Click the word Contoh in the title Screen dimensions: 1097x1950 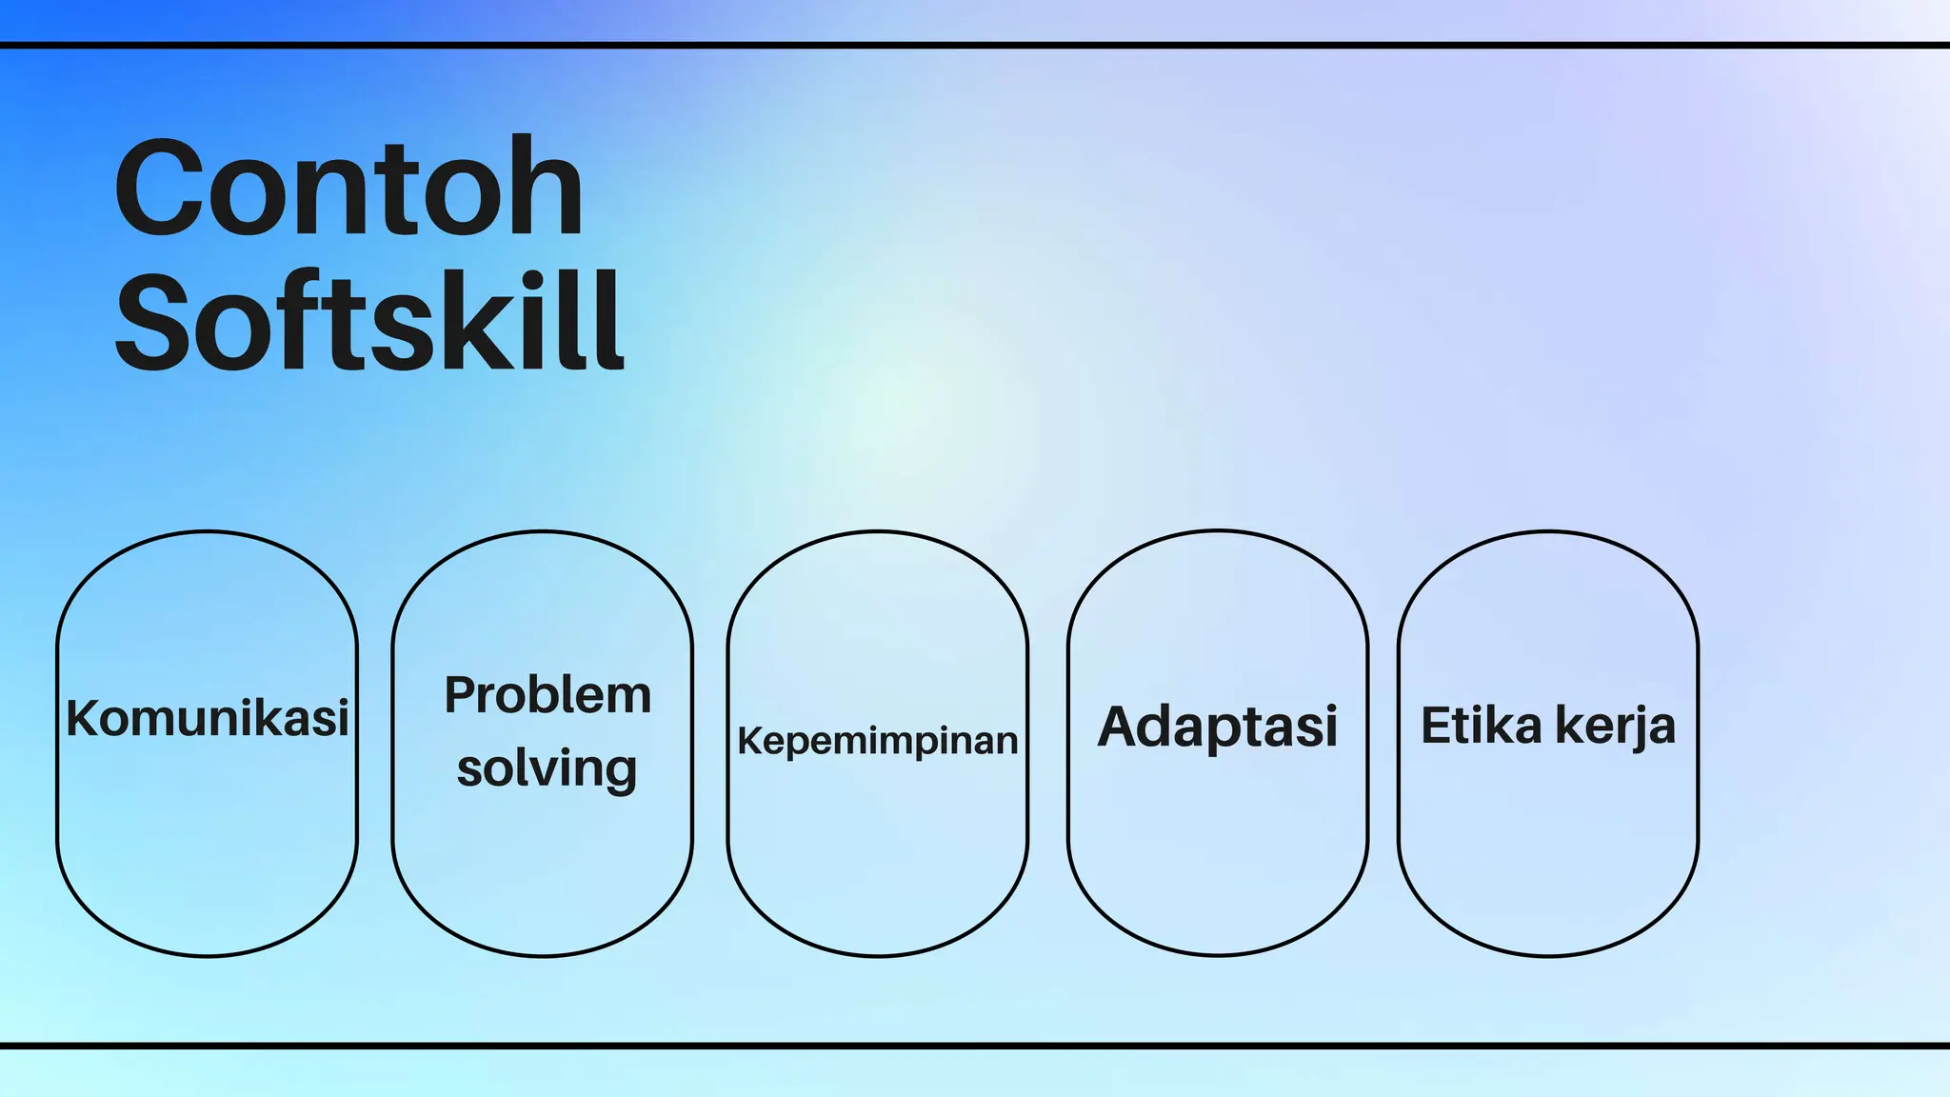tap(348, 188)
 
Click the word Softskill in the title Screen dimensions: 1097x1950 tap(369, 321)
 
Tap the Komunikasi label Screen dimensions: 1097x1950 tap(208, 718)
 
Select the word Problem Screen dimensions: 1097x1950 tap(547, 695)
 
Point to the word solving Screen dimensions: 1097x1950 tap(547, 768)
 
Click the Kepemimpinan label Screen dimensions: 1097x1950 tap(878, 741)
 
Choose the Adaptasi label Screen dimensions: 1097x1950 tap(1218, 727)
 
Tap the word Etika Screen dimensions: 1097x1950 tap(1481, 726)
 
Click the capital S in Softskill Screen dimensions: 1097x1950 tap(151, 321)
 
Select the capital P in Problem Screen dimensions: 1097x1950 tap(462, 695)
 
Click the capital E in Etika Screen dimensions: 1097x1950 tap(1436, 726)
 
